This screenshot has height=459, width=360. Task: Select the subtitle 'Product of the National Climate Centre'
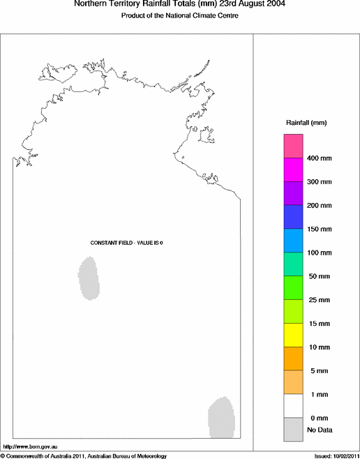coord(180,15)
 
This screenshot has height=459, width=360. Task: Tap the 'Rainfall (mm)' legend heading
coord(306,123)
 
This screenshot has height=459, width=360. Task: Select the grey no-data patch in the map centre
coord(89,278)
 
